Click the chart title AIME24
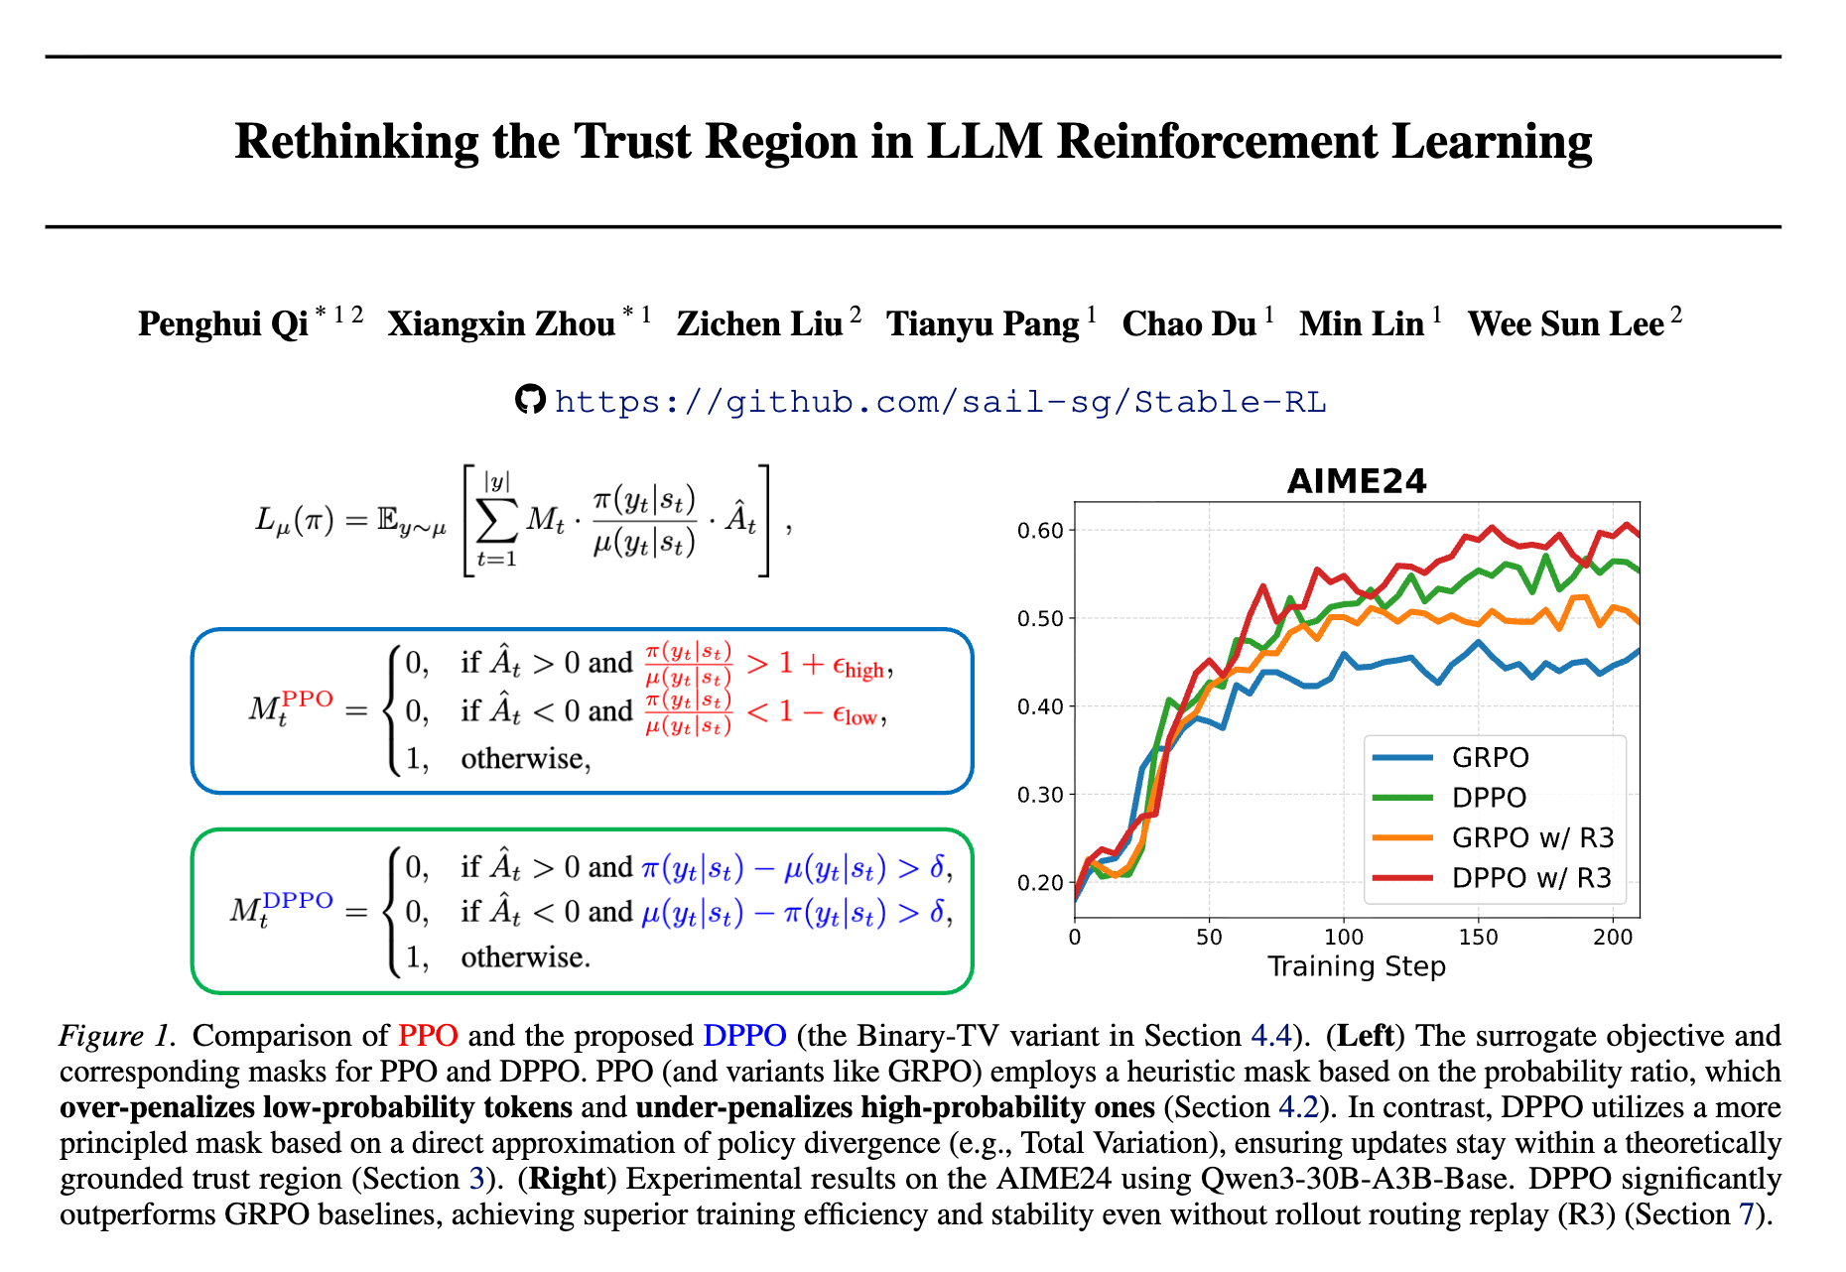tap(1356, 481)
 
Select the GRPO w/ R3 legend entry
tap(1532, 837)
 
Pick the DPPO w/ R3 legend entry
tap(1531, 878)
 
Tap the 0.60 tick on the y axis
tap(1039, 531)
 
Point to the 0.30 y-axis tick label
tap(1039, 795)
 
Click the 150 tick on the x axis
tap(1478, 938)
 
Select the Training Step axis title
tap(1356, 966)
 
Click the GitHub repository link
tap(940, 402)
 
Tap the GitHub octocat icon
tap(530, 399)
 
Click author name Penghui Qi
tap(223, 324)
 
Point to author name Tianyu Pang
tap(983, 324)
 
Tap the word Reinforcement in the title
tap(1217, 141)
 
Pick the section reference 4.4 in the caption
tap(1270, 1036)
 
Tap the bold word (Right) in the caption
tap(567, 1179)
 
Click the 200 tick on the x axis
tap(1613, 938)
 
